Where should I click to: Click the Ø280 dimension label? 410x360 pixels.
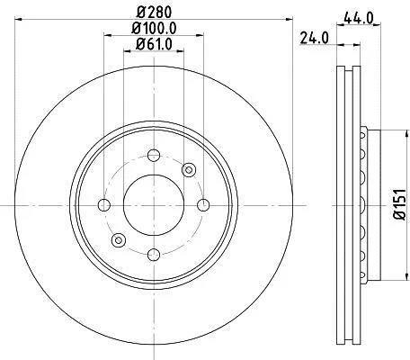(154, 13)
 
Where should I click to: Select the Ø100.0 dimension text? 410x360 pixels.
(154, 29)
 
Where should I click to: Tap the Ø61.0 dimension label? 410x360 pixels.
(154, 44)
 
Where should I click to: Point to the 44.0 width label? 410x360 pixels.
(359, 19)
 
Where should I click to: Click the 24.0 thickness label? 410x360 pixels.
(314, 39)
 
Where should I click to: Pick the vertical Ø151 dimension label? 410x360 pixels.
(400, 205)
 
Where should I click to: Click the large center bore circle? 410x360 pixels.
(154, 205)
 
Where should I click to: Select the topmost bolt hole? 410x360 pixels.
(154, 155)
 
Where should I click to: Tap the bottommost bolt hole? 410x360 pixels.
(154, 255)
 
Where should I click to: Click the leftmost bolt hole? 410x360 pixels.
(104, 205)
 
